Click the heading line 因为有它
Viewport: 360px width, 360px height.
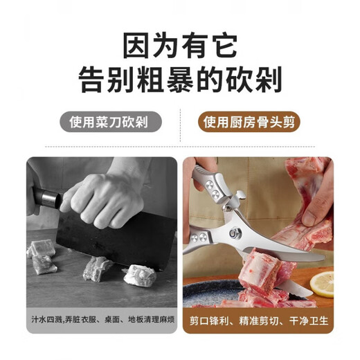tap(180, 46)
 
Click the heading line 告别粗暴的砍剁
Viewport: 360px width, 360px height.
tap(180, 79)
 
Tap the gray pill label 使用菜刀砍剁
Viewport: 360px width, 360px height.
tap(111, 122)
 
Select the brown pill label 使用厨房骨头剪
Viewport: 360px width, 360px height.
tap(249, 122)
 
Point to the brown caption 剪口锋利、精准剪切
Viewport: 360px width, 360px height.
tap(234, 321)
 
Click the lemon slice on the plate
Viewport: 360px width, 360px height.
tap(322, 284)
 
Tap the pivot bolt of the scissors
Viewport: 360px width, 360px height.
tap(235, 233)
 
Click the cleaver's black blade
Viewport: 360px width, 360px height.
tap(116, 240)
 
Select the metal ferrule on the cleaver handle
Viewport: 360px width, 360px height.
tap(49, 198)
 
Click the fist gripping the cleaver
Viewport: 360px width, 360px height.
tap(104, 199)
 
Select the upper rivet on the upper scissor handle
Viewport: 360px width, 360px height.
tap(210, 185)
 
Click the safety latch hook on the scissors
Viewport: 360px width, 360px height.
tap(239, 196)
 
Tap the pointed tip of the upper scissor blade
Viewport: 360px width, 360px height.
tap(323, 258)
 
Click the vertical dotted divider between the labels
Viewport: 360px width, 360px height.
tap(180, 125)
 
